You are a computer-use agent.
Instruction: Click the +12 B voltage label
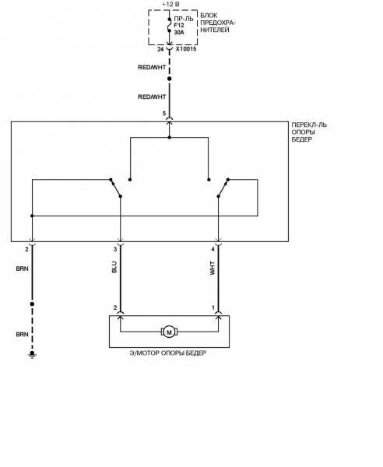pos(170,5)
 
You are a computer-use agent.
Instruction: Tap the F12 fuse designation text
pos(179,26)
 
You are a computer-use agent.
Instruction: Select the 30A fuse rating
pos(179,33)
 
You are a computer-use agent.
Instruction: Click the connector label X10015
pos(186,49)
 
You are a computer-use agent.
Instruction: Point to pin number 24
pos(160,49)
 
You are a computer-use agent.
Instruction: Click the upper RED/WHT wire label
pos(152,67)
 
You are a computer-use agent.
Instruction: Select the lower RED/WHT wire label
pos(152,97)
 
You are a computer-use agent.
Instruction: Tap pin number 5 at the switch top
pos(164,114)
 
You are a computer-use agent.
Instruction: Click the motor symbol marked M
pos(169,332)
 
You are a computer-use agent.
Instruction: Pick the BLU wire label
pos(114,267)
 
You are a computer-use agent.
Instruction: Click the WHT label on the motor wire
pos(213,268)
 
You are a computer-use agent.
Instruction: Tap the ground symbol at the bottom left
pos(32,354)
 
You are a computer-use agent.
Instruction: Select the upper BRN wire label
pos(22,269)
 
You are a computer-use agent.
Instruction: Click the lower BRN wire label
pos(22,335)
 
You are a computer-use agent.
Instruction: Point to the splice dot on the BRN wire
pos(32,304)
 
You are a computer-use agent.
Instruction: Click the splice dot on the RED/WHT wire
pos(170,79)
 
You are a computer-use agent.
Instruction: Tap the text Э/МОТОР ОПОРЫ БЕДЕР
pos(168,353)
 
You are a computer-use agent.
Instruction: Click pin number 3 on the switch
pos(115,250)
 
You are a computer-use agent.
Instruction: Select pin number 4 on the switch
pos(213,250)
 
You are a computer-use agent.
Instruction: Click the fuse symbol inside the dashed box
pos(170,25)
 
